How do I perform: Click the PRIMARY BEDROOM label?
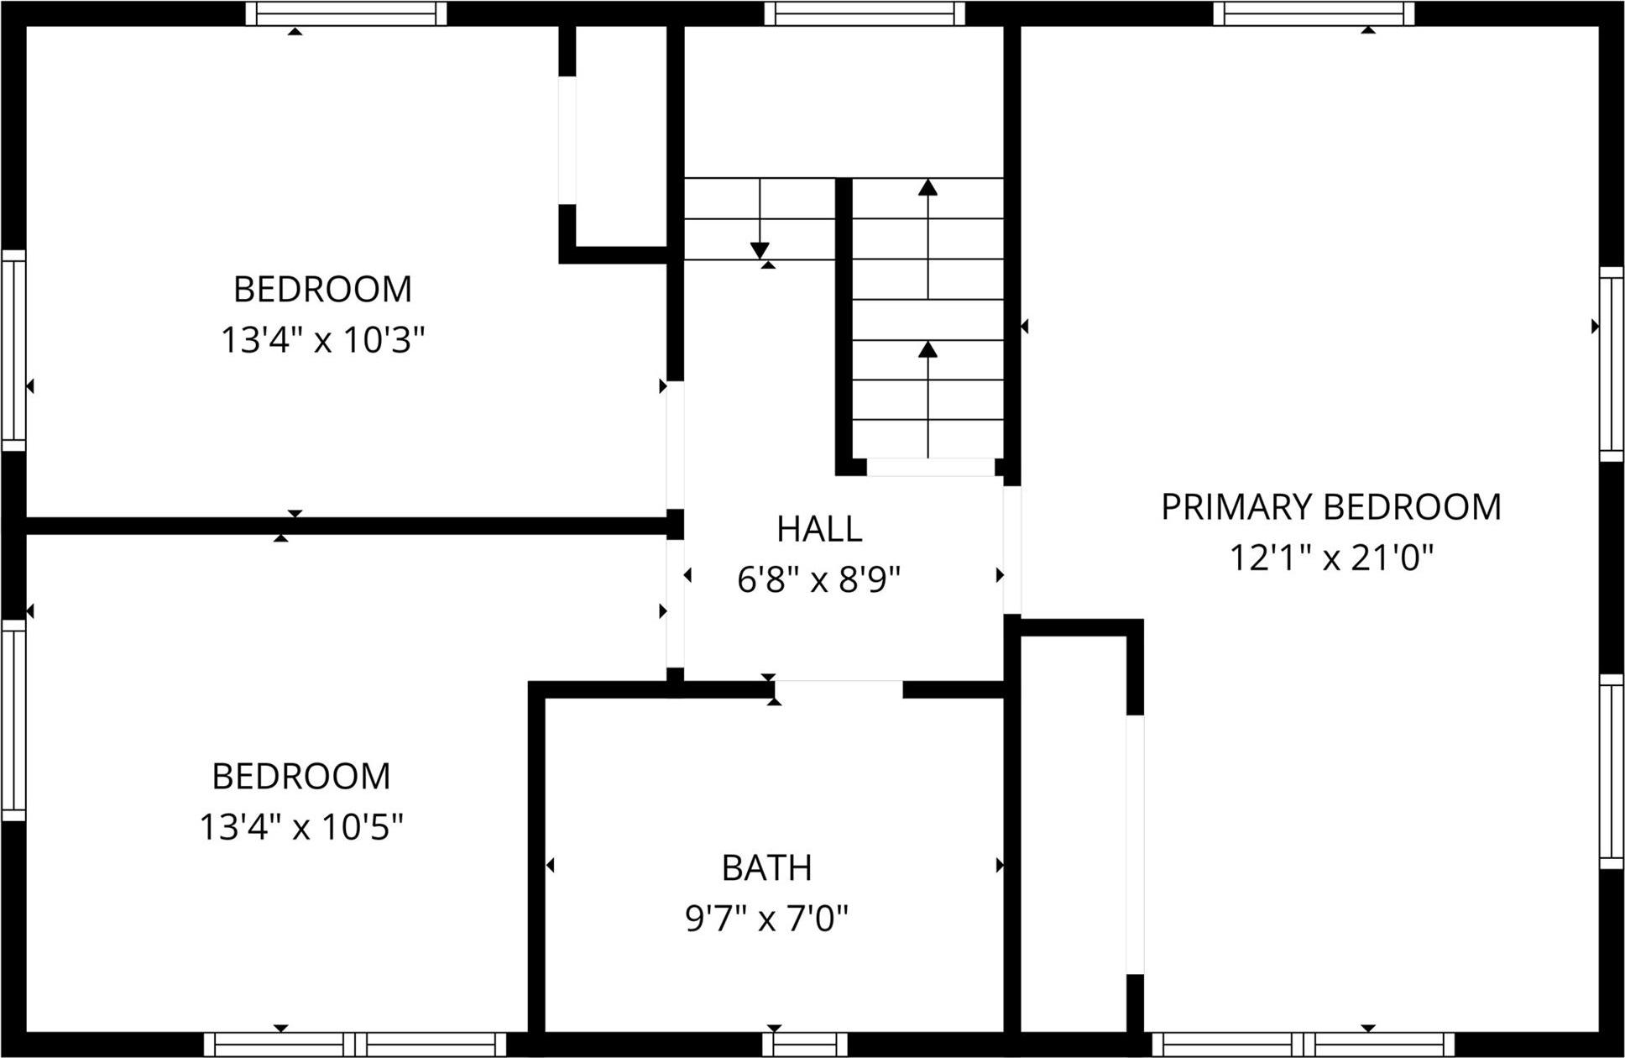pos(1331,507)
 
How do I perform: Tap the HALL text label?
pos(819,529)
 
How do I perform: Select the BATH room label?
pos(766,868)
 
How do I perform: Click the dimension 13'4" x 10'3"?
pos(323,341)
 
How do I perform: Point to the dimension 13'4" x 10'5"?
pos(301,828)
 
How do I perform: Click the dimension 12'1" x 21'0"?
pos(1331,558)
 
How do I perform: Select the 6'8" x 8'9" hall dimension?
pos(819,579)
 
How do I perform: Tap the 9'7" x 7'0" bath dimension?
pos(766,919)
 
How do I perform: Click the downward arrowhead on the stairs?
pos(760,250)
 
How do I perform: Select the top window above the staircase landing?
pos(865,13)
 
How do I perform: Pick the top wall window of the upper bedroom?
pos(347,13)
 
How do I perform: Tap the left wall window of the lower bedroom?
pos(13,720)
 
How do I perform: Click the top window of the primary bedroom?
pos(1314,13)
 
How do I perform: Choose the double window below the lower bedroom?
pos(355,1044)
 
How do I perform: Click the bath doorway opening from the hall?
pos(838,689)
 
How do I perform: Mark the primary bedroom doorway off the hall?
pos(1012,549)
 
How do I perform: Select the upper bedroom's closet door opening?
pos(568,140)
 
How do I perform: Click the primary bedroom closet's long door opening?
pos(1135,844)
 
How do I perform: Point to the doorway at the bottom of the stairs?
pos(930,467)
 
